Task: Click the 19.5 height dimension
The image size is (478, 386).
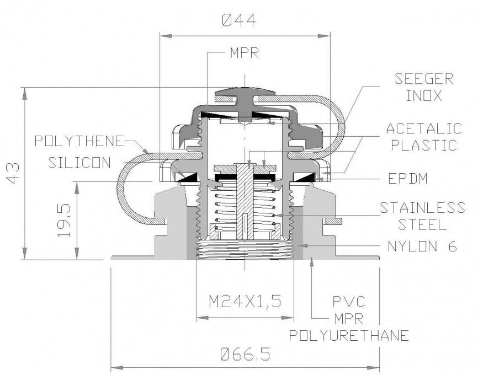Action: tap(65, 219)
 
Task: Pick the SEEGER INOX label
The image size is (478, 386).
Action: tap(424, 87)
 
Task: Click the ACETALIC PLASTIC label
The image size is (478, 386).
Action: tap(423, 137)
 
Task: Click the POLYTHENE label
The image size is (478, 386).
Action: tap(78, 141)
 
